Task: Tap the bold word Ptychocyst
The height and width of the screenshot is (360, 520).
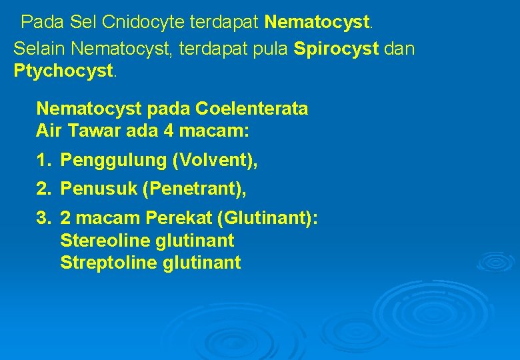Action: (x=64, y=71)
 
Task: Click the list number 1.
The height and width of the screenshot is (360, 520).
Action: (x=43, y=161)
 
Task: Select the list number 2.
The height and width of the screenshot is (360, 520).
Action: (x=43, y=190)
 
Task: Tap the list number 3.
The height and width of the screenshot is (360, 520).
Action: (x=43, y=219)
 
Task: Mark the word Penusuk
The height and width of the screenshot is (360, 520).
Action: (x=99, y=190)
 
